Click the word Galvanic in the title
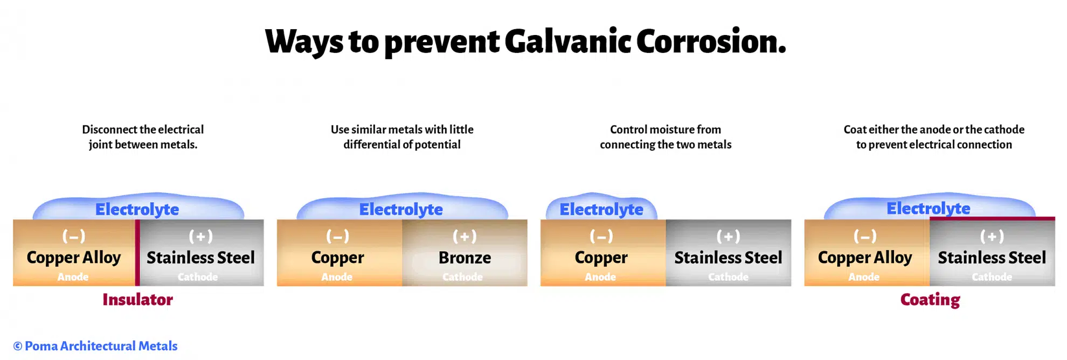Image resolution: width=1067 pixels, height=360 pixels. (x=567, y=41)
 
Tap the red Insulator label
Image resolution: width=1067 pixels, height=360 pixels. (x=137, y=300)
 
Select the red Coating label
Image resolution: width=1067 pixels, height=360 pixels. (x=930, y=300)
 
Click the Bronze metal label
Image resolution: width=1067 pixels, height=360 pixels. (x=465, y=258)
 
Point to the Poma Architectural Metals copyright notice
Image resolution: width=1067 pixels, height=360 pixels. (x=95, y=346)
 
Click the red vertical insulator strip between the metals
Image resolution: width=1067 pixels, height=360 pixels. (x=137, y=252)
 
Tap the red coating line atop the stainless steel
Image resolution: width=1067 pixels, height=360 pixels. (x=992, y=218)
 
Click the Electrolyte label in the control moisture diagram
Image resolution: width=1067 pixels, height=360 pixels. (x=601, y=209)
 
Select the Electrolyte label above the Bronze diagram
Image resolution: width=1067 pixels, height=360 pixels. (x=401, y=209)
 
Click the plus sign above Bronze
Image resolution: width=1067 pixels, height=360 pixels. (x=465, y=236)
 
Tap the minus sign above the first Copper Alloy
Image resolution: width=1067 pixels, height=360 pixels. (x=74, y=236)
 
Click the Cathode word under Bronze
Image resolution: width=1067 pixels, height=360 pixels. (x=462, y=277)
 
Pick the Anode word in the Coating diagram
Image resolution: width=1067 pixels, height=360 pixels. (x=864, y=277)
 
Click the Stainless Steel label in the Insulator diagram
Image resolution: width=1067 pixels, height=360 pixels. (x=200, y=258)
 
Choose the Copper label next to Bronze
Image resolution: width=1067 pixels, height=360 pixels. (x=337, y=258)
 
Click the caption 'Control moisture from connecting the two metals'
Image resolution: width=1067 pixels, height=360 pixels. (x=666, y=137)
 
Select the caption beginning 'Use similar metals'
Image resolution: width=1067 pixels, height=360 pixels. (x=402, y=137)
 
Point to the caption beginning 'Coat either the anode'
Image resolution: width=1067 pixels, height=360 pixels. (x=934, y=137)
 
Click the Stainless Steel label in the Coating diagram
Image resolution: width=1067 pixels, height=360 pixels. (x=992, y=258)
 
